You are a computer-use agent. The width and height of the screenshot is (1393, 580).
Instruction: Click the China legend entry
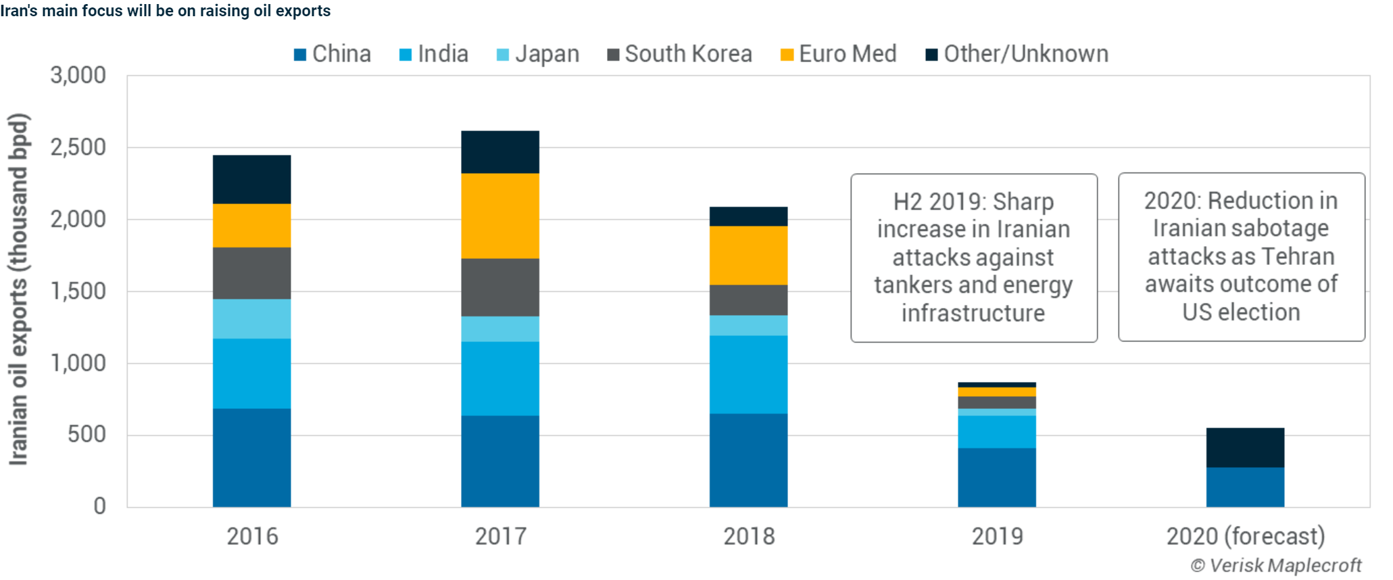(333, 54)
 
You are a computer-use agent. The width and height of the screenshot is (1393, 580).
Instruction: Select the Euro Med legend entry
(839, 54)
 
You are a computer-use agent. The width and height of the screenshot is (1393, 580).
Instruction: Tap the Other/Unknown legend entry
(1017, 54)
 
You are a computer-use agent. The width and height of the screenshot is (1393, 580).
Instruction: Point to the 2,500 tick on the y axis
(78, 147)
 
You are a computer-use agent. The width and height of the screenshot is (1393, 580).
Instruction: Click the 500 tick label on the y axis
(87, 434)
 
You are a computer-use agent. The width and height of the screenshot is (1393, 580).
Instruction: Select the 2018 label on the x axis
(748, 536)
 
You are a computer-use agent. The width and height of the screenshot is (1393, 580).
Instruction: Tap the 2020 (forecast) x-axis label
(1245, 536)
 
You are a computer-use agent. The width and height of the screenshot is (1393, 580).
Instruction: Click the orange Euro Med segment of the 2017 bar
(500, 216)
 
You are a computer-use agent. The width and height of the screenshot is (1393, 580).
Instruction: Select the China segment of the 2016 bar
(251, 458)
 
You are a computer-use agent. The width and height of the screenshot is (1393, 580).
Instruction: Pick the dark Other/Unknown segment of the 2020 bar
(1245, 448)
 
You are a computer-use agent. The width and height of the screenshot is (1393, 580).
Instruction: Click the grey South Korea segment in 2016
(251, 273)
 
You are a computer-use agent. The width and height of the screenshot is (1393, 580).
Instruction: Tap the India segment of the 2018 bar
(748, 374)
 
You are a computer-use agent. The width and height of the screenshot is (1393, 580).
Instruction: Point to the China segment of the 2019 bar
(996, 477)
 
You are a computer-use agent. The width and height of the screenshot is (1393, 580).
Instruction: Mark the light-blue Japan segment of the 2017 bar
(500, 329)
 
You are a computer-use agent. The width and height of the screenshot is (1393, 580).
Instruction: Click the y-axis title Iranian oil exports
(18, 289)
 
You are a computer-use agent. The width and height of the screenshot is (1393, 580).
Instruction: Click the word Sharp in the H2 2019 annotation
(1023, 201)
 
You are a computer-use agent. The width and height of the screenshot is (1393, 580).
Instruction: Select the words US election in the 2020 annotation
(1241, 312)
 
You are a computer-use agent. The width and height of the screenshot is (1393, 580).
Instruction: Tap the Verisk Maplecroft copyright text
(1275, 565)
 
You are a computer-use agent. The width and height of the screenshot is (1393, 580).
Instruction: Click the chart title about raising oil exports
(166, 11)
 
